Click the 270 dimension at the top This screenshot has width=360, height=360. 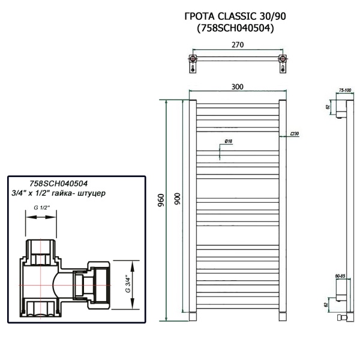[x=237, y=44]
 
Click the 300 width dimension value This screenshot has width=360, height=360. [x=237, y=87]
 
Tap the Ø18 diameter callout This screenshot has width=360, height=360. [x=229, y=140]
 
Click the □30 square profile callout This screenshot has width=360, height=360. [x=294, y=133]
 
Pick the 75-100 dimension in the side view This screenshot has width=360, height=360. [x=345, y=90]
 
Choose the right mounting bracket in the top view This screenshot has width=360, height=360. [x=281, y=62]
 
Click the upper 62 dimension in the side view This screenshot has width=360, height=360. [x=329, y=107]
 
